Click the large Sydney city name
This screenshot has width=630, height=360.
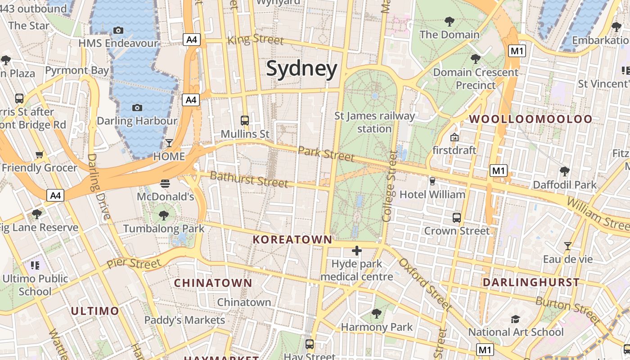(301, 69)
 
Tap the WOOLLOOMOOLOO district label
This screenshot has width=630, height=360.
(531, 119)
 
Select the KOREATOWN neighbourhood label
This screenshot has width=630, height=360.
(292, 239)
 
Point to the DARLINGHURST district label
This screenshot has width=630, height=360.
(531, 283)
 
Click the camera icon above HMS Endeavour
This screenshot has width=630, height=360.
(118, 30)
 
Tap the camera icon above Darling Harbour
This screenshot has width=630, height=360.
(137, 108)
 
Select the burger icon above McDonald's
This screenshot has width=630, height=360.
(165, 184)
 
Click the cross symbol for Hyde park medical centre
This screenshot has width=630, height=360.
(357, 251)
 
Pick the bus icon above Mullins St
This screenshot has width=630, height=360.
(245, 121)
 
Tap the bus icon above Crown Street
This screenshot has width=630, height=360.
(457, 218)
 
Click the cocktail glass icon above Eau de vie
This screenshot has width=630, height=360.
(568, 246)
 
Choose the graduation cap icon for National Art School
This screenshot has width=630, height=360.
(515, 319)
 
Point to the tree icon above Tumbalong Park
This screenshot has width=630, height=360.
(164, 215)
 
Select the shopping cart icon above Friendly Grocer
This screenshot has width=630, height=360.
(40, 155)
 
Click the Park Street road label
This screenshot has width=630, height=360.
(326, 153)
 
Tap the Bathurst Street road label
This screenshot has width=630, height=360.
(249, 179)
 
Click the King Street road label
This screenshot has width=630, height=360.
(256, 39)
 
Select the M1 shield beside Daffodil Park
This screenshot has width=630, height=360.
(499, 171)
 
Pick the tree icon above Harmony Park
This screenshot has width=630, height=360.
(376, 313)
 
